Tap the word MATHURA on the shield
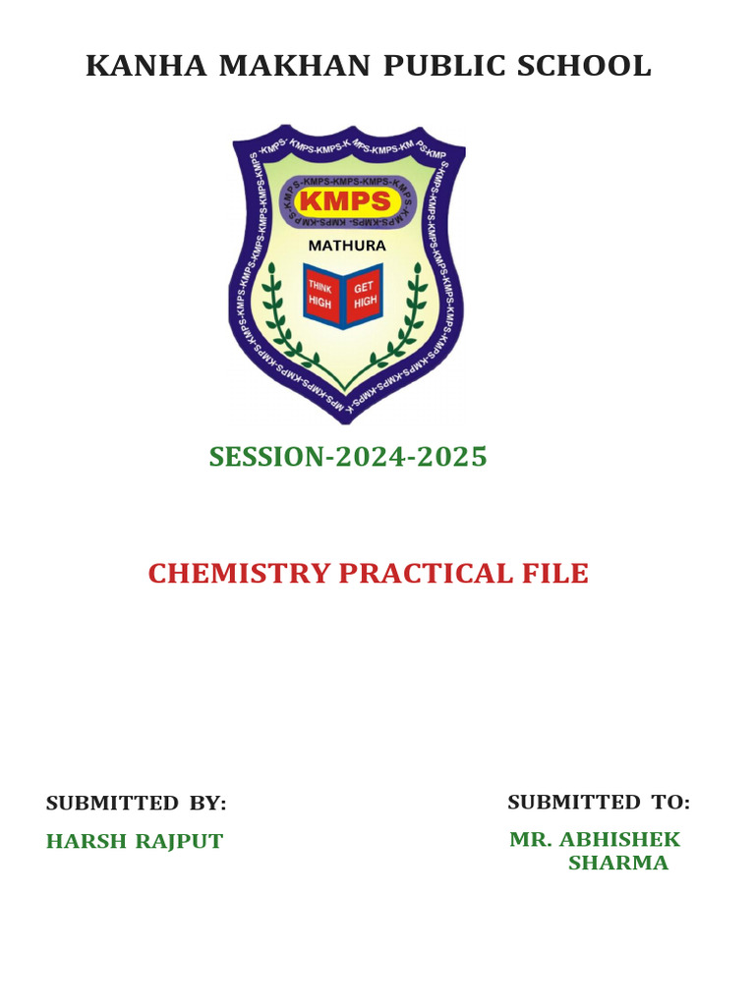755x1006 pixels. tap(348, 246)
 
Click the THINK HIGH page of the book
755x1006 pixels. tap(321, 294)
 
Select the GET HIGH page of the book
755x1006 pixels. tap(365, 294)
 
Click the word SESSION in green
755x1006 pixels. tap(265, 457)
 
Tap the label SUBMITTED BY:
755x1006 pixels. tap(136, 804)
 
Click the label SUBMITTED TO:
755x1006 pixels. tap(599, 803)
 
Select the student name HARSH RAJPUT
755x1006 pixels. tap(135, 842)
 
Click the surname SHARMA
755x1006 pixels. tap(618, 864)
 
